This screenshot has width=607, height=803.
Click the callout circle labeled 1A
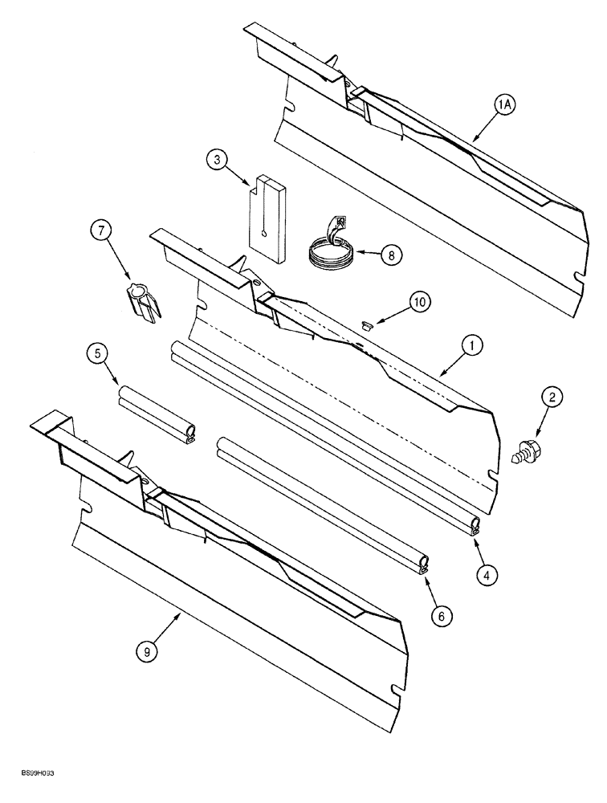pyautogui.click(x=503, y=104)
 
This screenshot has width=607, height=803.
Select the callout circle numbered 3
pyautogui.click(x=215, y=161)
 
